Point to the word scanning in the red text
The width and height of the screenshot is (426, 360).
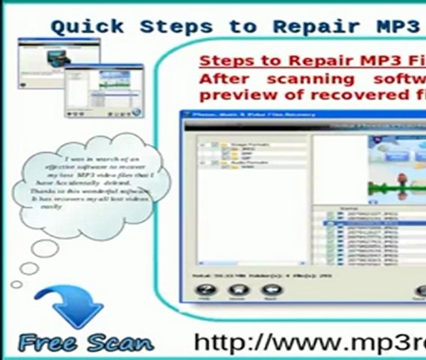pyautogui.click(x=310, y=79)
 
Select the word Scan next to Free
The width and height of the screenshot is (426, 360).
pyautogui.click(x=118, y=343)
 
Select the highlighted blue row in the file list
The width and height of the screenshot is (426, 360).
pyautogui.click(x=370, y=223)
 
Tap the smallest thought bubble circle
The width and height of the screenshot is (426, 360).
pyautogui.click(x=16, y=284)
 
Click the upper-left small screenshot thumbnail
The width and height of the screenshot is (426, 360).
pyautogui.click(x=58, y=63)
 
